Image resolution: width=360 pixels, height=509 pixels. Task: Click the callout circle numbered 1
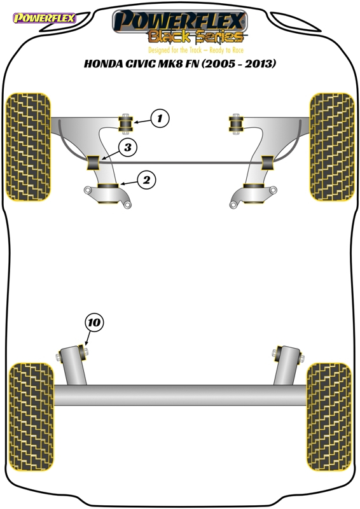160,118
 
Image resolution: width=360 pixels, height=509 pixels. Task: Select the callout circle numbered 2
146,180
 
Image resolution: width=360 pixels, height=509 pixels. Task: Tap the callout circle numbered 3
128,148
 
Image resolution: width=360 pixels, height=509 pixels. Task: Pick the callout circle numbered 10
94,323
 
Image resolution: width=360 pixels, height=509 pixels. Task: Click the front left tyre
29,147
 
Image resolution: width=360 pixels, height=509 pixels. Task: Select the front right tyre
332,147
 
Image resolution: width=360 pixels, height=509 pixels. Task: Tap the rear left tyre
31,417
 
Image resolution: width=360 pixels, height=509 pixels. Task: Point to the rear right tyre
329,417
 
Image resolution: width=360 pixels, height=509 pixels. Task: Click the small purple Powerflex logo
44,18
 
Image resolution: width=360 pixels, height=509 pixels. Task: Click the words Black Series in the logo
196,37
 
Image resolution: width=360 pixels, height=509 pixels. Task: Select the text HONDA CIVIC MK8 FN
142,63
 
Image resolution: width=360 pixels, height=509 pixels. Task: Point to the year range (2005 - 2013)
239,63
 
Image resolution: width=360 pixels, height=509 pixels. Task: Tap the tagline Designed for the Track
175,50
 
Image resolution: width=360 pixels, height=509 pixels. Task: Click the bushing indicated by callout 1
125,123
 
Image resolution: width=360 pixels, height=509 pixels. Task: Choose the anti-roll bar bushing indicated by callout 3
93,163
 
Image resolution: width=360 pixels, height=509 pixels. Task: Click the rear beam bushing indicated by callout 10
83,352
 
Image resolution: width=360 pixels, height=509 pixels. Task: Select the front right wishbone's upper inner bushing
236,123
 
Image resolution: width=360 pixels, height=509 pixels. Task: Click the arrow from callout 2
128,183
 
